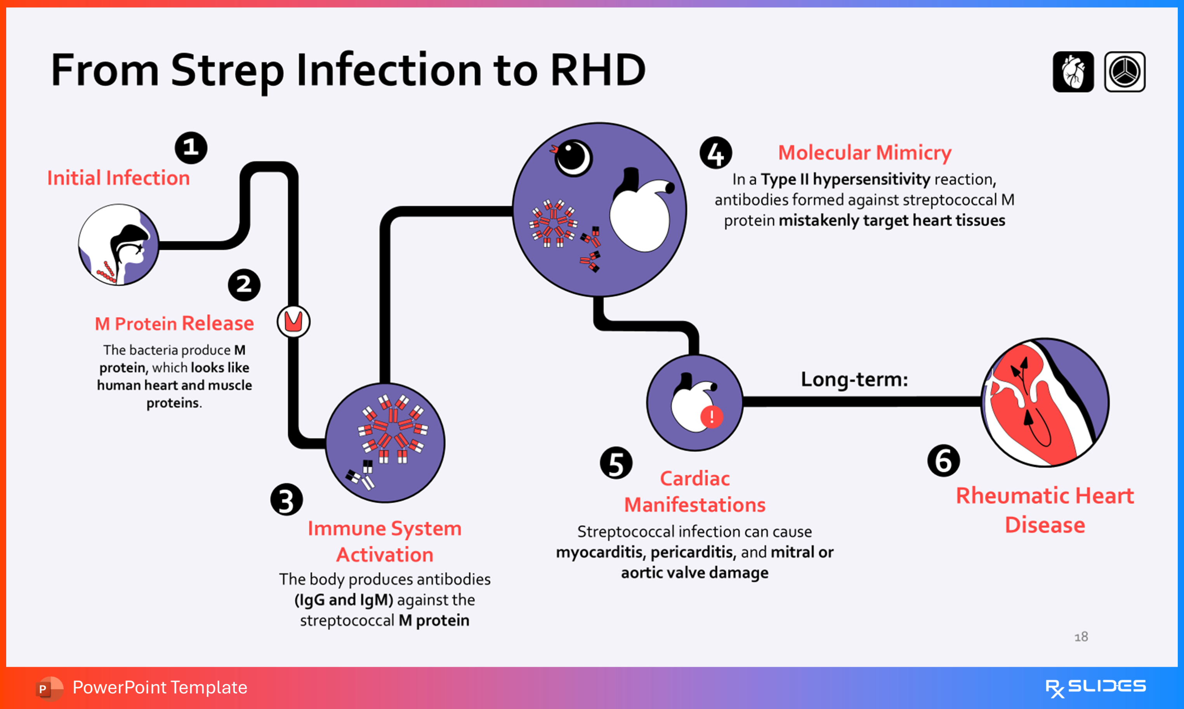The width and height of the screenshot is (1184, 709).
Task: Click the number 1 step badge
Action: coord(191,148)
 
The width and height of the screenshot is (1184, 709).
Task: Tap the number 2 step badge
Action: coord(244,285)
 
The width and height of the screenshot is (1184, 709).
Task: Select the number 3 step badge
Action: coord(286,500)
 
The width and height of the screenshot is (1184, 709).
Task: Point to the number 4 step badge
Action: coord(715,153)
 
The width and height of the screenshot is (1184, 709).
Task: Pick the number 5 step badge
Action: coord(616,463)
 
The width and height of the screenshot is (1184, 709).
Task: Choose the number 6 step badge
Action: coord(943,461)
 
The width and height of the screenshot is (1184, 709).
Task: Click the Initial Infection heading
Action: coord(118,178)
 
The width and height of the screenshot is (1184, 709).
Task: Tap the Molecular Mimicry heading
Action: coord(865,153)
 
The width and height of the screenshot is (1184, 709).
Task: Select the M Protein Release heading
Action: coord(174,323)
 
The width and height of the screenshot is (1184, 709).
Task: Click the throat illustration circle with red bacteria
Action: coord(118,245)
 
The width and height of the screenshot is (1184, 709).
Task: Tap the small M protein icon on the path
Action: coord(293,321)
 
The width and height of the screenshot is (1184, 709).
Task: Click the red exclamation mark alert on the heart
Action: coord(712,417)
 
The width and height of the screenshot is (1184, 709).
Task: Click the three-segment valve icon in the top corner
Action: coord(1124,72)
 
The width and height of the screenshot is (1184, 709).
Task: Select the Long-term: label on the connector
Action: coord(854,379)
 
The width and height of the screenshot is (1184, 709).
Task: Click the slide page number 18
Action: coord(1081,636)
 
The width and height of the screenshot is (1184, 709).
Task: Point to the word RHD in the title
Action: coord(598,70)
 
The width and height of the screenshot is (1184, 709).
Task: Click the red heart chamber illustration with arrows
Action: coord(1045,402)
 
